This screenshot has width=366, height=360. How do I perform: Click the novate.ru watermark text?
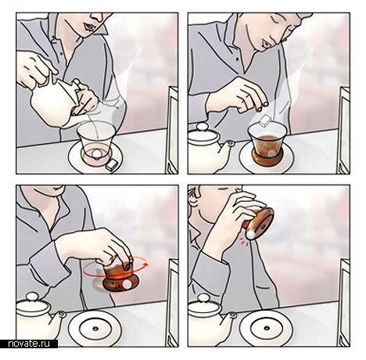(29, 344)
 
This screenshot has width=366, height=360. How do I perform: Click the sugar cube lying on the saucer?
(113, 164)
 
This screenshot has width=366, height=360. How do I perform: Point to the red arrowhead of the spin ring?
(148, 265)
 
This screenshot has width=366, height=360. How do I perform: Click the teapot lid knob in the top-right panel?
(201, 127)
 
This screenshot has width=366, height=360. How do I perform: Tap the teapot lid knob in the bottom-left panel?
(32, 297)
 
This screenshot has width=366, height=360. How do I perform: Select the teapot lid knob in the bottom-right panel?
(203, 298)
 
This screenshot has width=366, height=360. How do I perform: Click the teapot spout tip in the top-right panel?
(231, 144)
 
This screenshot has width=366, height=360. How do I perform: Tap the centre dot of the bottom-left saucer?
(95, 328)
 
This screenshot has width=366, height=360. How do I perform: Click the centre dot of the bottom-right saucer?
(267, 328)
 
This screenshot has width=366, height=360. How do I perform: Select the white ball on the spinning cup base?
(127, 285)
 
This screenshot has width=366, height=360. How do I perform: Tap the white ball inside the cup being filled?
(96, 153)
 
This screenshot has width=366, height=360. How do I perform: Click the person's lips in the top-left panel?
(88, 27)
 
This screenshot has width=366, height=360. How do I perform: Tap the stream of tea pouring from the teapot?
(95, 128)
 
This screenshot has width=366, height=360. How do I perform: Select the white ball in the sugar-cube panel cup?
(271, 153)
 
